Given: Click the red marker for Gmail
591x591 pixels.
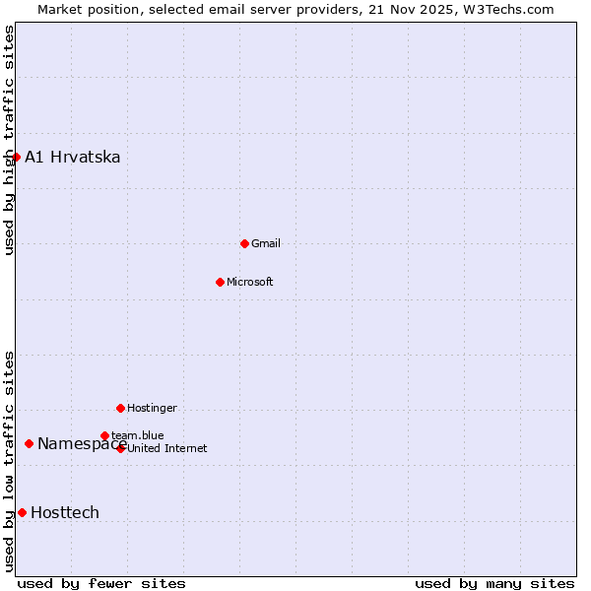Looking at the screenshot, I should [244, 243].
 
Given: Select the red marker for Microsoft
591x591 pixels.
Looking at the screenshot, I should [221, 282].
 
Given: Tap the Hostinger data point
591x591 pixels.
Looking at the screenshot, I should [120, 408].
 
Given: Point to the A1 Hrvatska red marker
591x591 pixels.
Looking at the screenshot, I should [16, 157].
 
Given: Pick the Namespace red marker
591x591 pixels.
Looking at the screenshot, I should [29, 443].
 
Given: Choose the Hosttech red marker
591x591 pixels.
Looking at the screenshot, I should [22, 512].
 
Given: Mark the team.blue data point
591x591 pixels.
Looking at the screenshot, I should [104, 435].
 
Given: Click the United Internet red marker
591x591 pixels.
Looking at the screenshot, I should [121, 448].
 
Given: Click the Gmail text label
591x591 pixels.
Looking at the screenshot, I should [266, 243].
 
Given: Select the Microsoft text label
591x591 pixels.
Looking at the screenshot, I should [250, 282].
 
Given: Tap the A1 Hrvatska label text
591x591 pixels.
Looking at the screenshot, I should [73, 157].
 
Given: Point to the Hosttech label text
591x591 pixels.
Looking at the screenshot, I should [65, 512].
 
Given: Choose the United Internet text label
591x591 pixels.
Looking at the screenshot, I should [167, 448].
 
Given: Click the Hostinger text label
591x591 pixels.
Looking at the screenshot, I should [153, 408].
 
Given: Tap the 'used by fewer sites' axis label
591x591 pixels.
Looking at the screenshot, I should [101, 583].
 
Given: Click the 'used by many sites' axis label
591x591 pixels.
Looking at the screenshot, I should [494, 583].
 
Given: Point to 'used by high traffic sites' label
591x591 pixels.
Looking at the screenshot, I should [9, 141].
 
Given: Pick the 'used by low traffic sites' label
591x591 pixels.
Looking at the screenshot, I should [9, 461].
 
